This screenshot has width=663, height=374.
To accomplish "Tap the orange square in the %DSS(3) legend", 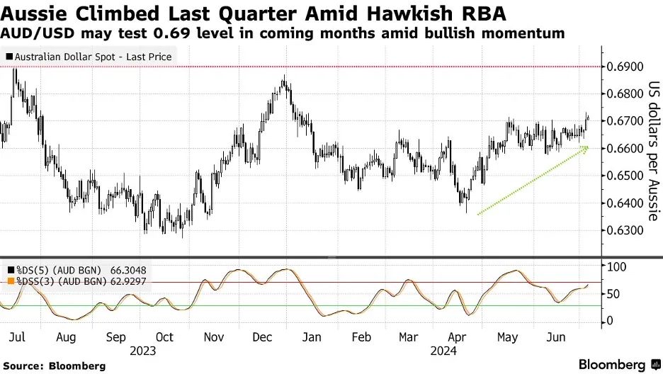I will tap(10, 281).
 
